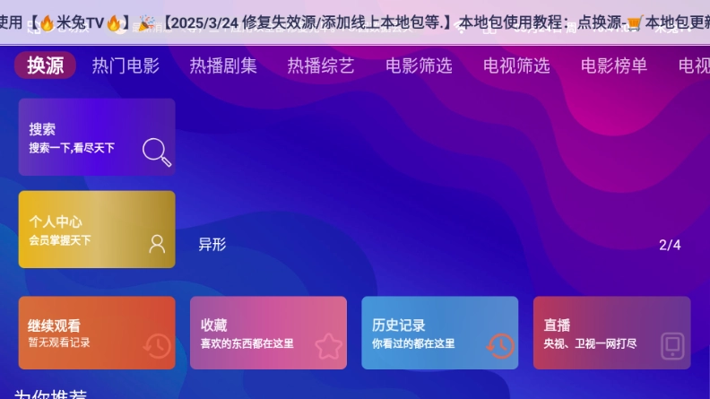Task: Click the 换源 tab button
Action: (45, 65)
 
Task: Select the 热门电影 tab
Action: (126, 65)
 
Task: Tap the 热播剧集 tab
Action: (223, 65)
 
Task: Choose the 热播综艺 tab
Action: (321, 65)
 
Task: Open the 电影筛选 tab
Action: (419, 65)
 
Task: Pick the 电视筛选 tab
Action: (516, 65)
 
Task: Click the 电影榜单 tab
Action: (614, 65)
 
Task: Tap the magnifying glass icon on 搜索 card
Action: (157, 152)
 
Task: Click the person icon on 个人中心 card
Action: (157, 244)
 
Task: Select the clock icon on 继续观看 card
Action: (157, 346)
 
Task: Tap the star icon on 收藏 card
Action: (328, 346)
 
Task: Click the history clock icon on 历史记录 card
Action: (500, 345)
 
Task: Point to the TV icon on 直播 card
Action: (672, 346)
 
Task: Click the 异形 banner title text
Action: (212, 245)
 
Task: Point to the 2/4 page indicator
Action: (670, 245)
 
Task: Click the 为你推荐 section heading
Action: (51, 395)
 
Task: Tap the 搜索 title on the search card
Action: (42, 129)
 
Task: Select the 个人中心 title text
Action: (56, 221)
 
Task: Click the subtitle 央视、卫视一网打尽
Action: (591, 343)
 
